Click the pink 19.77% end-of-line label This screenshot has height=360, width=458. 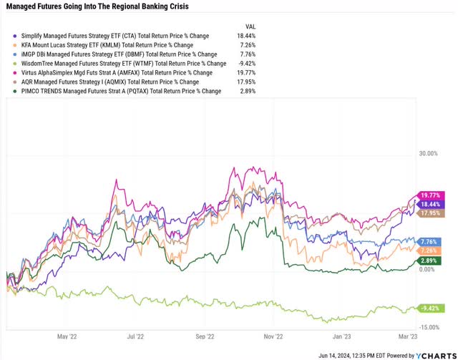point(430,195)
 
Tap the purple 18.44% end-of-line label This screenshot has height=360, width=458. point(430,204)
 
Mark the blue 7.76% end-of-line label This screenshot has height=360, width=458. point(430,242)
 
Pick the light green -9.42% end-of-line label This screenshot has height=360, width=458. point(430,309)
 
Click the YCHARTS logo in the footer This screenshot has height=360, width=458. point(434,354)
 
